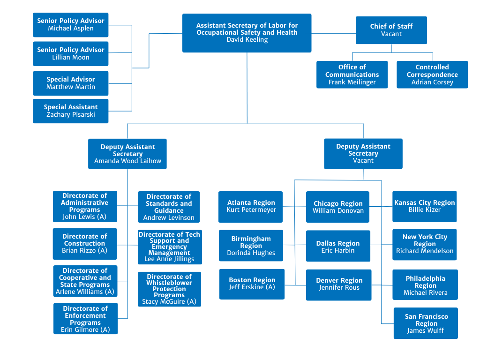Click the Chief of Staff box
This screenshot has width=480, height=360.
click(x=391, y=30)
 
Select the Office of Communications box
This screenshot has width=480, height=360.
click(x=352, y=75)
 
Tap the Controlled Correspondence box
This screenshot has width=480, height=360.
click(x=432, y=75)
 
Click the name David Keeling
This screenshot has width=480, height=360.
click(x=247, y=40)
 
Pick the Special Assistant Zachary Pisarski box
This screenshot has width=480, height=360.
click(x=71, y=111)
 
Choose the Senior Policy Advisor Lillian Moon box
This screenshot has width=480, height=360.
click(x=71, y=53)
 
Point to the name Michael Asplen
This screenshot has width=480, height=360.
click(x=71, y=29)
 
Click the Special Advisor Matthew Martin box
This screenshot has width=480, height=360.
click(x=71, y=83)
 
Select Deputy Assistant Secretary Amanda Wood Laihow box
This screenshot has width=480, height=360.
click(x=127, y=154)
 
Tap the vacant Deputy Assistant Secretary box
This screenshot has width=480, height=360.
click(x=363, y=153)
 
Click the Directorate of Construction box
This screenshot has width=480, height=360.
click(x=85, y=244)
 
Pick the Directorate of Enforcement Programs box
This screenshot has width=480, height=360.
click(x=85, y=318)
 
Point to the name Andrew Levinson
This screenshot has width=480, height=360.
click(x=169, y=218)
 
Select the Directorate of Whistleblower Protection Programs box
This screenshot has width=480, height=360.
click(x=169, y=289)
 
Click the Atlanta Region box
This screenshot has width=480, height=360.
click(x=251, y=206)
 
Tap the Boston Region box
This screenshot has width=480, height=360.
click(x=252, y=284)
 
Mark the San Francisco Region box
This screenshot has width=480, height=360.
click(x=426, y=323)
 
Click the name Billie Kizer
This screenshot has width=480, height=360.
click(x=425, y=210)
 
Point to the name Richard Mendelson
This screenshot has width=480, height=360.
click(x=425, y=251)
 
